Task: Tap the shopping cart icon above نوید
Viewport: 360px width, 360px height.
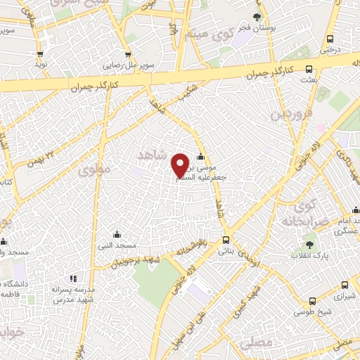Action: tap(41, 53)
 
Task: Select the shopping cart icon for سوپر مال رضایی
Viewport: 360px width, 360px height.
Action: tap(127, 53)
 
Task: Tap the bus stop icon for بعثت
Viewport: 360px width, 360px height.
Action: tap(309, 70)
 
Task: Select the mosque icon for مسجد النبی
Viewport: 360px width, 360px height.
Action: tap(117, 234)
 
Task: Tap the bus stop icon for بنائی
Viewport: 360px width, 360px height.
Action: tap(226, 239)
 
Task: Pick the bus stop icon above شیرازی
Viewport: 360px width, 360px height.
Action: tap(344, 285)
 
